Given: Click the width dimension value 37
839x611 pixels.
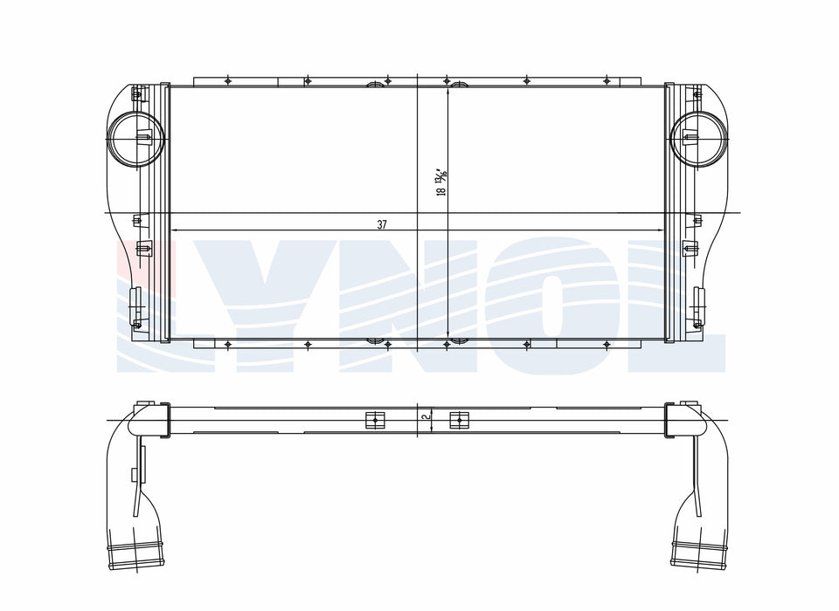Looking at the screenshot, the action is tap(382, 224).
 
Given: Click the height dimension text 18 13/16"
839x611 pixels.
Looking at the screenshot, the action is tap(442, 182).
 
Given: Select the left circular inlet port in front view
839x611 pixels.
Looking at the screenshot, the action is tap(135, 139).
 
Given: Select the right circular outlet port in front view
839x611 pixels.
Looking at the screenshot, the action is tap(699, 139).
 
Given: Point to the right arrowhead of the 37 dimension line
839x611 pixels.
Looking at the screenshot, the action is tap(660, 230).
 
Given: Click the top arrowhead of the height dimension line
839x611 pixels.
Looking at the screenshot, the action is tap(447, 92).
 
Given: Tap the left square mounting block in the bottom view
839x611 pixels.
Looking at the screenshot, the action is tap(376, 420).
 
